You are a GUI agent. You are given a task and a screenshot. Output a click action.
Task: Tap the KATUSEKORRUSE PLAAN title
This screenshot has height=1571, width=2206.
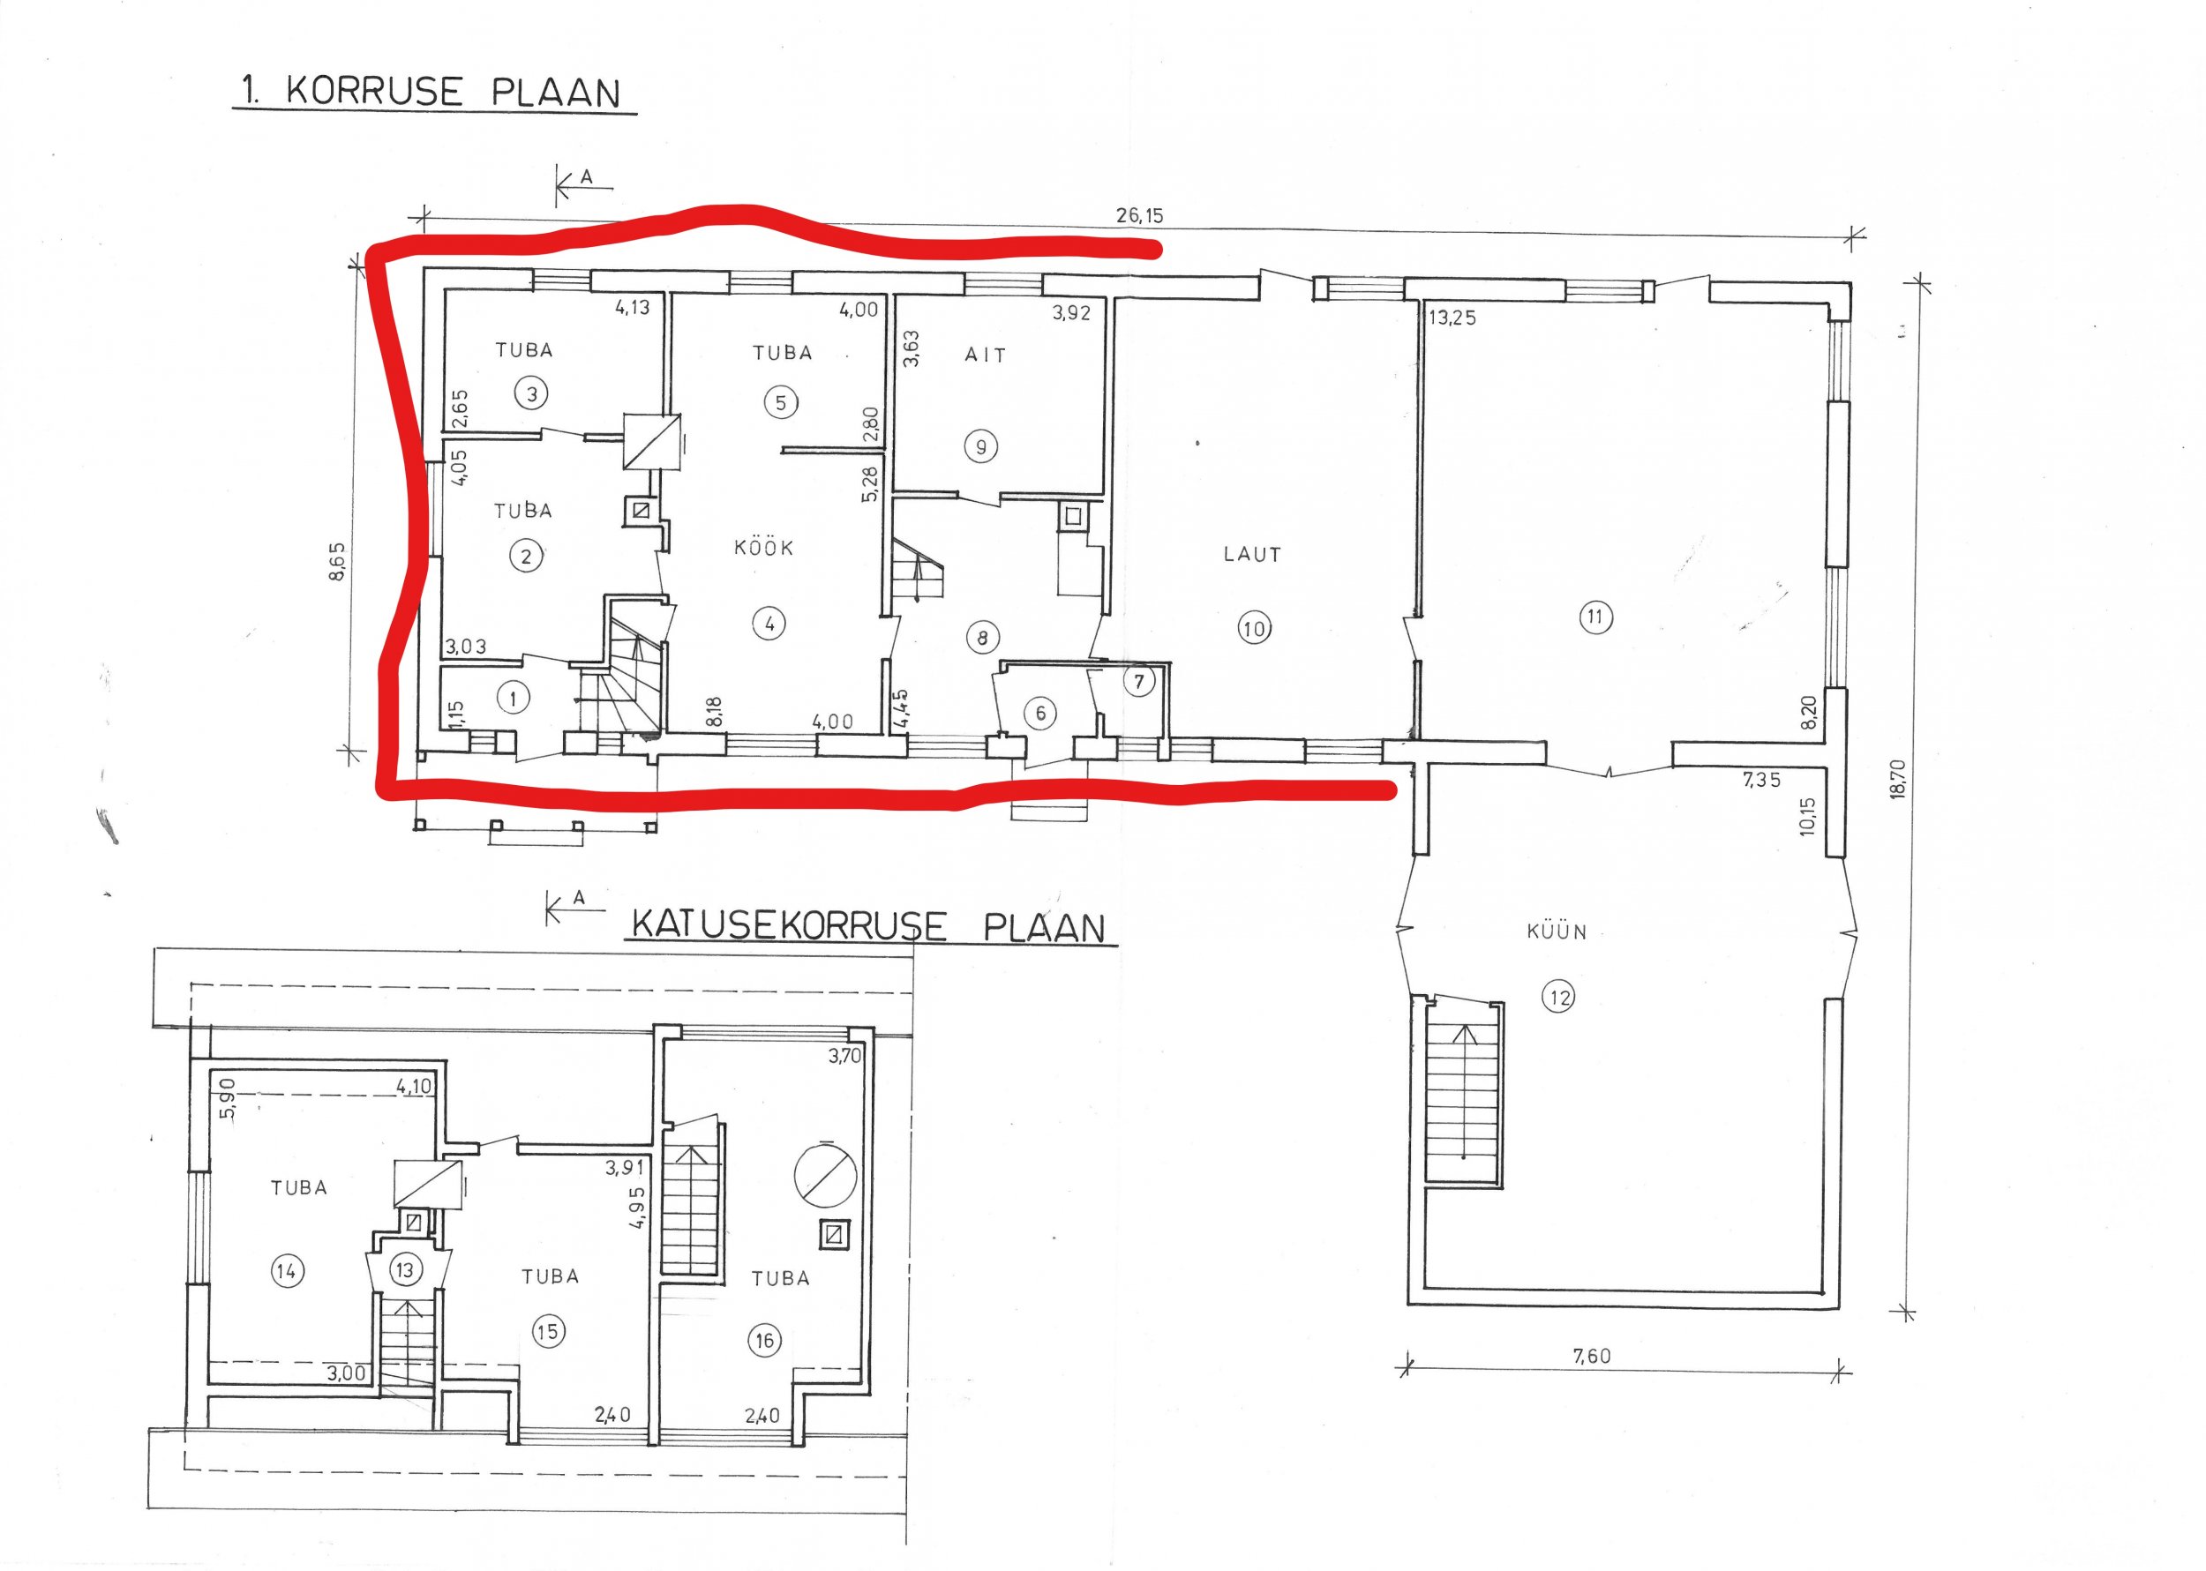868,926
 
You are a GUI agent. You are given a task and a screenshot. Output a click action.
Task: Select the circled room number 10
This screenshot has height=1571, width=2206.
1253,630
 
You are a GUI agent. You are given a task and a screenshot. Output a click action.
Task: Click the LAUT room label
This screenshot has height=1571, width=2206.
1252,554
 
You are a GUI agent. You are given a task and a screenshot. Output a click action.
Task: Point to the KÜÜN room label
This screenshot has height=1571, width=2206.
1556,931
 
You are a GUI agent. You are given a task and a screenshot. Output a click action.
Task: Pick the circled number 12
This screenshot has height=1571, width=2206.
1558,997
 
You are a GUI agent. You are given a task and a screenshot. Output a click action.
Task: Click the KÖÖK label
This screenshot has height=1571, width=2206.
763,548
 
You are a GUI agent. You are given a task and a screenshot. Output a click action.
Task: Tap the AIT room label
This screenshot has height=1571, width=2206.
985,355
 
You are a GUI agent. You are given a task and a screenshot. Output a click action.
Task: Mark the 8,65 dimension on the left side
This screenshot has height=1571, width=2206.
337,561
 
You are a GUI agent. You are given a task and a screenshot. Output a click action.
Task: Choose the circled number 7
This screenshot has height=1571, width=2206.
1139,682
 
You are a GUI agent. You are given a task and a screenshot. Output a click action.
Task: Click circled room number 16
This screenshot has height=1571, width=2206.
764,1340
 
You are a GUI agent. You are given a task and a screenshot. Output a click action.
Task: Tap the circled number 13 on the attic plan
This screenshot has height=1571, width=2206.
404,1270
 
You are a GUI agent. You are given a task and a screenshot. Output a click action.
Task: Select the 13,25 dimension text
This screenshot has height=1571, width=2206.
1452,318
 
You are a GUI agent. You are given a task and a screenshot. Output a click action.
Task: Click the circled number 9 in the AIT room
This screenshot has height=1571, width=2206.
981,447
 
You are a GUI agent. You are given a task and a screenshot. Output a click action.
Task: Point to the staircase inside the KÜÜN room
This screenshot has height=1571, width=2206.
1463,1091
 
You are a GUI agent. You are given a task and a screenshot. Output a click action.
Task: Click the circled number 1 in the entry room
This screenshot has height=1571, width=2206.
514,698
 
